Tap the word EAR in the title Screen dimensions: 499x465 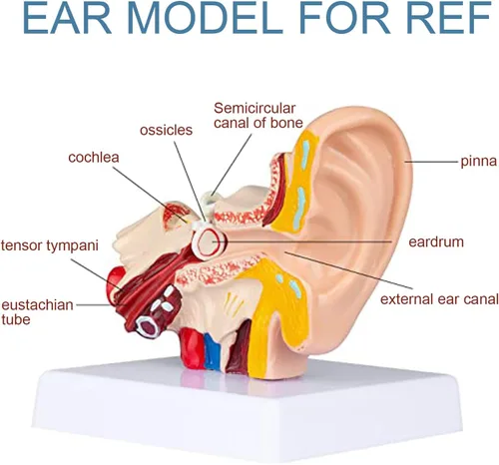[67, 17]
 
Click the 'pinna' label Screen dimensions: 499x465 [478, 162]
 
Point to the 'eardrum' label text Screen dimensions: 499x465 [436, 241]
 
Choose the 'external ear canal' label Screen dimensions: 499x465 [439, 299]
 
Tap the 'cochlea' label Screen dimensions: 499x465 [94, 158]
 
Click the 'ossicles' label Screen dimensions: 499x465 [166, 130]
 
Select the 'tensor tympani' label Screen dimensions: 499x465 [50, 246]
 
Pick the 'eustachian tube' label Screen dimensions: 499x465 [37, 312]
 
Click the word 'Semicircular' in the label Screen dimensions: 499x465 [254, 108]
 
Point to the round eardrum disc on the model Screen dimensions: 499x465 [208, 242]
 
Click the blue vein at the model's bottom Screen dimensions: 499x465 [212, 351]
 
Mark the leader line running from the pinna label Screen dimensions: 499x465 [431, 162]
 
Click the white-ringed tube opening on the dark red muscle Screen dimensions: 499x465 [147, 326]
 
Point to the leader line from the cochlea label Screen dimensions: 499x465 [150, 195]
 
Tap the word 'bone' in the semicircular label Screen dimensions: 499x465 [286, 123]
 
